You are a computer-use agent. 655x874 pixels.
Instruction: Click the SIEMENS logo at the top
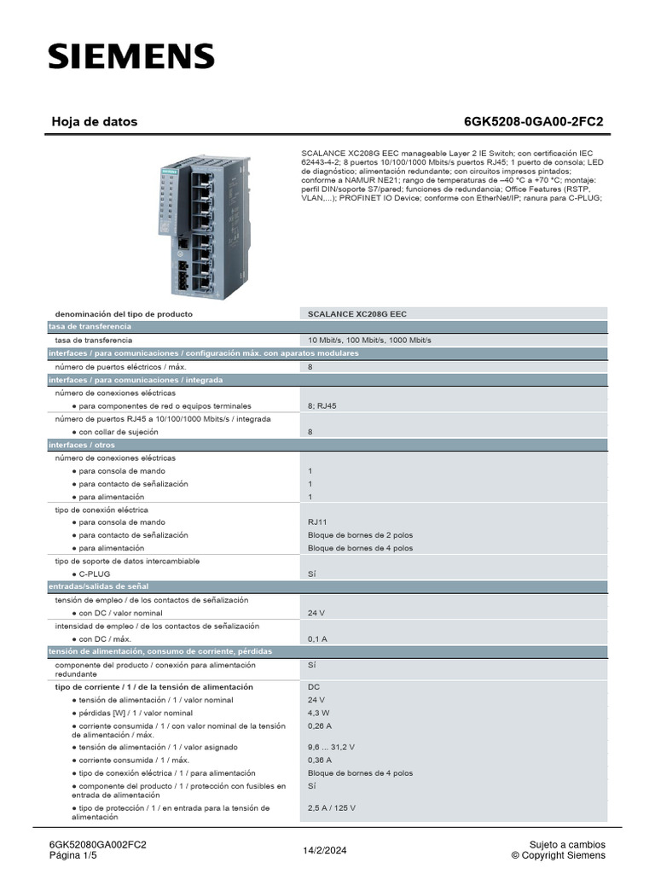[x=130, y=56]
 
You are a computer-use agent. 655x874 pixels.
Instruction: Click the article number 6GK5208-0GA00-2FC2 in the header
[x=533, y=122]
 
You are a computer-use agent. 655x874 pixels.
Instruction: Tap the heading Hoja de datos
[x=95, y=122]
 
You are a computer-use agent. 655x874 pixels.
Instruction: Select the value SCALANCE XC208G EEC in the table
[x=357, y=314]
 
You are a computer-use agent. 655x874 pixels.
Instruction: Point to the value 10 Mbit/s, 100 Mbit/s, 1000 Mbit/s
[x=369, y=340]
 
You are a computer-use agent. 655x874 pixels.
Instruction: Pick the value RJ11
[x=317, y=522]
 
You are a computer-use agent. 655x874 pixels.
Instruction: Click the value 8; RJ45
[x=322, y=406]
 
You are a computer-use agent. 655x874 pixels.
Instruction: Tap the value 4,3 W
[x=320, y=713]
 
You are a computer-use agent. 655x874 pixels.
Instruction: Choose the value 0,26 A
[x=321, y=725]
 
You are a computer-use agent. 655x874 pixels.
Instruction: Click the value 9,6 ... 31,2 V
[x=333, y=747]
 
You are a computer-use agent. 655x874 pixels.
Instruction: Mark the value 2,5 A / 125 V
[x=332, y=807]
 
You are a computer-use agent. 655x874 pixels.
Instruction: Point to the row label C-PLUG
[x=95, y=574]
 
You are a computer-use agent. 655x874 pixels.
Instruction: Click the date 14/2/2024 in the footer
[x=325, y=850]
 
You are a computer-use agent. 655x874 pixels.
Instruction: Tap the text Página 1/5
[x=75, y=855]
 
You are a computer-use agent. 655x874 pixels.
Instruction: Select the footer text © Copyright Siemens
[x=558, y=855]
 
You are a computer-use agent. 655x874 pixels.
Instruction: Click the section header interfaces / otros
[x=82, y=445]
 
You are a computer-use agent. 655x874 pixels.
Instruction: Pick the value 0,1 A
[x=317, y=638]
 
